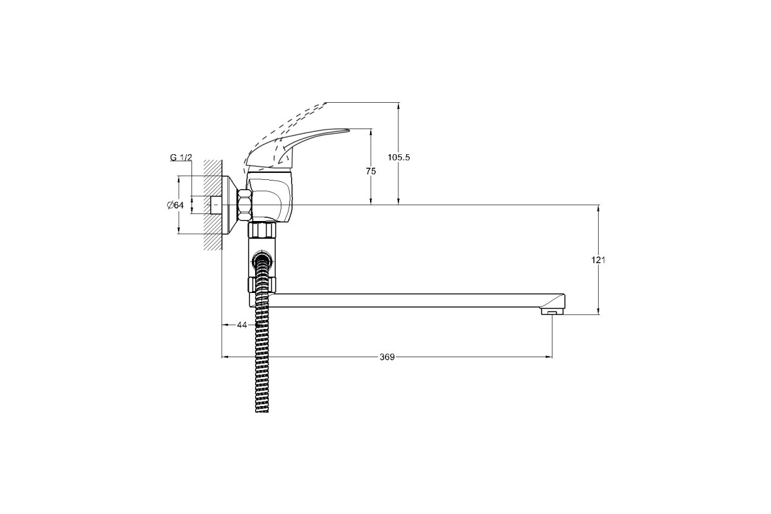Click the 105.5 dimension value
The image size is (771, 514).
pos(398,157)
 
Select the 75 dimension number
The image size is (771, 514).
pos(371,171)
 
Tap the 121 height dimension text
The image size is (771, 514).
pos(598,260)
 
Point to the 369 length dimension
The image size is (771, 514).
pos(387,357)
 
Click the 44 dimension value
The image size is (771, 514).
pos(242,324)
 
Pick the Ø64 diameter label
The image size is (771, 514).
pos(175,206)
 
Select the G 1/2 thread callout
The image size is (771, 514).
pos(181,157)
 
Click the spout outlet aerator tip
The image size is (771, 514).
pos(552,312)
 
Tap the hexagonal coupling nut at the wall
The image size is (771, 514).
pos(245,205)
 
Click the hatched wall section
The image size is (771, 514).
pos(213,205)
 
